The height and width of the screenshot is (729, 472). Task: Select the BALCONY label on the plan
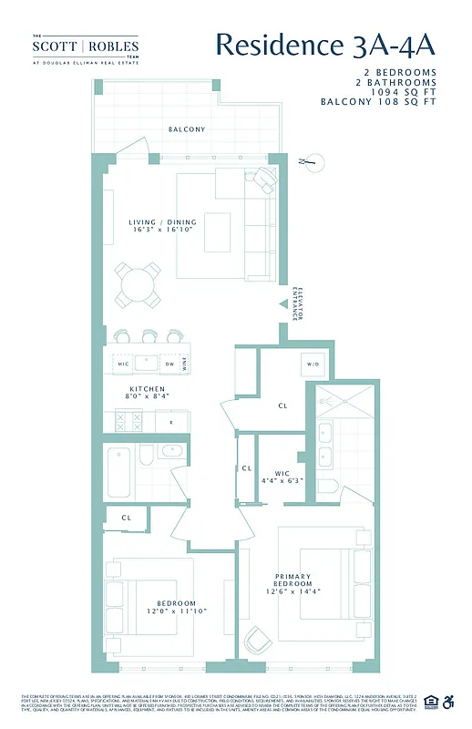pyautogui.click(x=186, y=129)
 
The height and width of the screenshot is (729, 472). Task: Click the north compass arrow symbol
pyautogui.click(x=309, y=162)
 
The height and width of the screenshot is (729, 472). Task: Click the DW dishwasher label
pyautogui.click(x=169, y=364)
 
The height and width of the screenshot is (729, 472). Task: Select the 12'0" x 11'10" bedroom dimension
pyautogui.click(x=176, y=611)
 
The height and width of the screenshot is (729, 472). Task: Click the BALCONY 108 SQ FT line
pyautogui.click(x=378, y=102)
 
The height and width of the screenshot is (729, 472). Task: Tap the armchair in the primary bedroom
pyautogui.click(x=257, y=641)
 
